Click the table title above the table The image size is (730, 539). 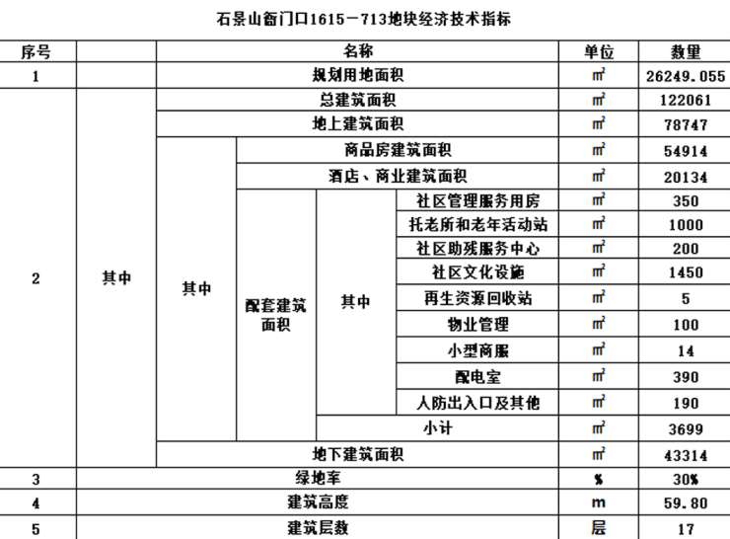point(364,19)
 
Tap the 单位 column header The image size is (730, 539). point(599,50)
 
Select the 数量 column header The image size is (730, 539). point(685,50)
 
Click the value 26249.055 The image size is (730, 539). point(685,75)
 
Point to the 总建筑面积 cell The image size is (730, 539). point(358,100)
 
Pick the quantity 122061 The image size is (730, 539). point(685,100)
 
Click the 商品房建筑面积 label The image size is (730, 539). point(398,150)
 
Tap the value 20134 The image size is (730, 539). point(685,176)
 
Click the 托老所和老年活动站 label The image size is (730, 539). point(477,224)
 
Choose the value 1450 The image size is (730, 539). point(685,273)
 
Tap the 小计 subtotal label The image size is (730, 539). point(438,427)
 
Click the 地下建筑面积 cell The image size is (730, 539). point(358,454)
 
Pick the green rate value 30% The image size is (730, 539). point(685,480)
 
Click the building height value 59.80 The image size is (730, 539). point(685,503)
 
